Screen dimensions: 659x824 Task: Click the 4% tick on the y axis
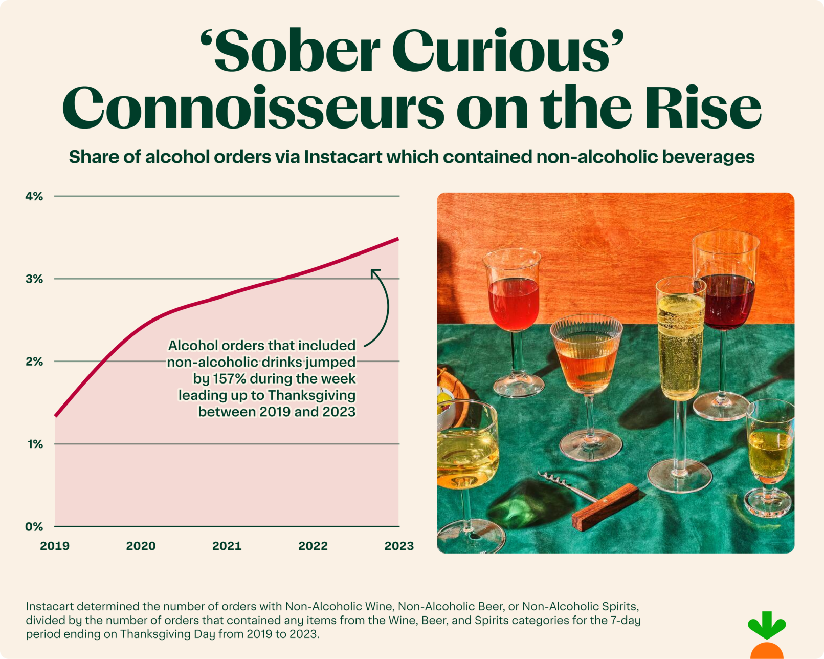(34, 196)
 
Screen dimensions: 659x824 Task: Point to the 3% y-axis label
(34, 279)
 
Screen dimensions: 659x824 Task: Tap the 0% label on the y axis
(34, 527)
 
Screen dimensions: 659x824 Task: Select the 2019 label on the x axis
(55, 546)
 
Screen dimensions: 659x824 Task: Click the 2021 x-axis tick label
(227, 546)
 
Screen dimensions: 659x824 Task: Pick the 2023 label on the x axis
(399, 546)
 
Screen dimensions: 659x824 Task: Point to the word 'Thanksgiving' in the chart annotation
(311, 395)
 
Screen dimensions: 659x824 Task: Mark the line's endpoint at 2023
(398, 239)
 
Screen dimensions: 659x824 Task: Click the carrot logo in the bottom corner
(766, 635)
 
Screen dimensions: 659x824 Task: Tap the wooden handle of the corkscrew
(605, 507)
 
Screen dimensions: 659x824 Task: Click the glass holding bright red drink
(514, 305)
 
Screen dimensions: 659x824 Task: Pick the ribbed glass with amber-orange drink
(586, 358)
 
